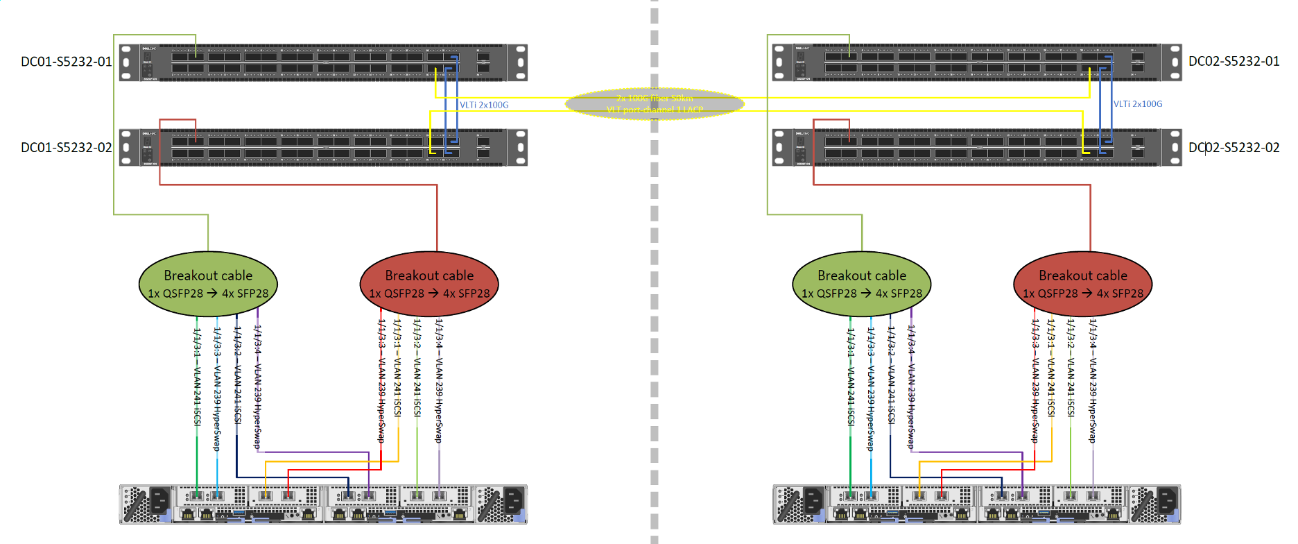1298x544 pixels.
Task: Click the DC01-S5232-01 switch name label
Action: click(x=66, y=62)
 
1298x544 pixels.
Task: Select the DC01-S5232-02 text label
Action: click(x=66, y=148)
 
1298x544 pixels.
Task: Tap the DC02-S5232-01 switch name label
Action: click(x=1234, y=62)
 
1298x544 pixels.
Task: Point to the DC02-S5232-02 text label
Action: click(x=1234, y=148)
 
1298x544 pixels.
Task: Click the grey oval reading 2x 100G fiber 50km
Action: click(x=655, y=104)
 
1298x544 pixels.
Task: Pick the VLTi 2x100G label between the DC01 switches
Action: click(x=484, y=105)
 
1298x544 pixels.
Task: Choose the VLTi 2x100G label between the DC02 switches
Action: click(x=1138, y=104)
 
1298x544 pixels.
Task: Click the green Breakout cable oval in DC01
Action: click(x=208, y=284)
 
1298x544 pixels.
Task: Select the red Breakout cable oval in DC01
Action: click(x=429, y=284)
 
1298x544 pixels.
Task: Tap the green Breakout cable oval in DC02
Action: click(x=862, y=284)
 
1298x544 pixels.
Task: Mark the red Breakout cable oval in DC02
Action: click(x=1083, y=284)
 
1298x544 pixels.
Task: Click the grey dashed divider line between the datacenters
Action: click(x=655, y=278)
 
